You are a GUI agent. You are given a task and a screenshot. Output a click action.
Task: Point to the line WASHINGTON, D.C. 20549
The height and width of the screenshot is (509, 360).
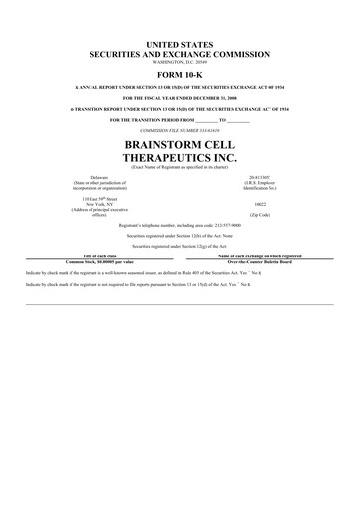180,65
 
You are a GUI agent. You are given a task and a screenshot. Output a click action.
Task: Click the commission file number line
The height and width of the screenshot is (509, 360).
180,129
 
